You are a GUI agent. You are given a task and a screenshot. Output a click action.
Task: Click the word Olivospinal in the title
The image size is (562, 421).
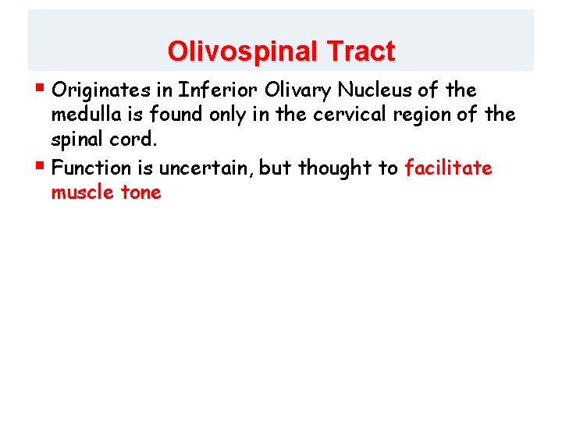click(235, 51)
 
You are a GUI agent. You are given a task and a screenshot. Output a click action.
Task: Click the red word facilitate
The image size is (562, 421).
click(448, 168)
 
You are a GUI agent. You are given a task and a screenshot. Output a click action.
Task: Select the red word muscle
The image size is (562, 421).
click(85, 193)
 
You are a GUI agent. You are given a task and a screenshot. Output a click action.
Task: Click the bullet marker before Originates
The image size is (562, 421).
click(41, 89)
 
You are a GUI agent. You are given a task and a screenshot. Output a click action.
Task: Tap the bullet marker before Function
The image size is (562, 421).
click(41, 166)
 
